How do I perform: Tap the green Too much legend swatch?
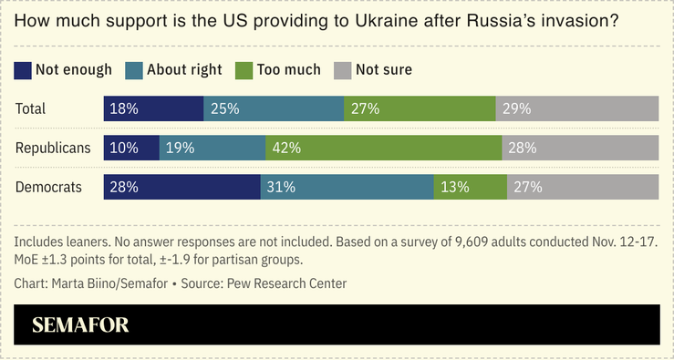tap(242, 70)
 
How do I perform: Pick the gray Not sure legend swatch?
tap(342, 70)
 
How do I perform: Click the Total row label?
tap(31, 108)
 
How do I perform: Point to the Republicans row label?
tap(53, 148)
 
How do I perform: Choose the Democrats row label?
tap(49, 187)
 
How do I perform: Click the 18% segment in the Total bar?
tap(153, 108)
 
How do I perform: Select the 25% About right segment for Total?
tap(274, 108)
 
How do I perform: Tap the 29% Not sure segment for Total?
tap(577, 108)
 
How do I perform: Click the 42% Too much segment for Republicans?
tap(383, 148)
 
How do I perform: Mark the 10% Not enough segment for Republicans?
tap(131, 148)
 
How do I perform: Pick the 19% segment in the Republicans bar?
tap(213, 148)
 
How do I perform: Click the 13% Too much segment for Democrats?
tap(471, 187)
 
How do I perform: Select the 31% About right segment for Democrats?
tap(347, 187)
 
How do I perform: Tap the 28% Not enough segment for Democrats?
tap(182, 187)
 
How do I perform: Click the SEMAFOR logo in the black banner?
tap(80, 325)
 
